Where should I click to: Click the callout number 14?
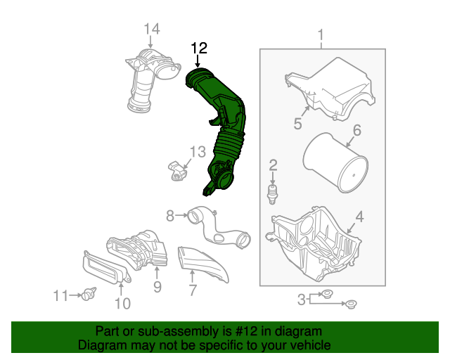[152, 29]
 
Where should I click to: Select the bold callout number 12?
[200, 48]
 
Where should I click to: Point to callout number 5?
[298, 124]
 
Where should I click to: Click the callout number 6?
[356, 130]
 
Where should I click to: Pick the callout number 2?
[273, 165]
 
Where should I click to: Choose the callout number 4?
[359, 218]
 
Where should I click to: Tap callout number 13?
[198, 151]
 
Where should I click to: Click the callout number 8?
[170, 215]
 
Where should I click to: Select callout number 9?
[157, 286]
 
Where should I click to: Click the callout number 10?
[122, 303]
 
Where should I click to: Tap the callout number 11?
[63, 296]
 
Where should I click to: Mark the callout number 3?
[301, 300]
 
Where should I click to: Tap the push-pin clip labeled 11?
[89, 295]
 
